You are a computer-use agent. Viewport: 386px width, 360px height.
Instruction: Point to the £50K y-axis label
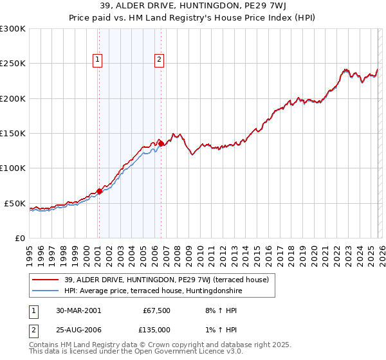[14, 203]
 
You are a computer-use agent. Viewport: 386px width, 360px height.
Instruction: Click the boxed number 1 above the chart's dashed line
[98, 60]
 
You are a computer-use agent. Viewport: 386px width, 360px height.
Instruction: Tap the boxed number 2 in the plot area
[159, 60]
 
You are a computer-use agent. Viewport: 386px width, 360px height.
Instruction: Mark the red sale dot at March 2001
[100, 191]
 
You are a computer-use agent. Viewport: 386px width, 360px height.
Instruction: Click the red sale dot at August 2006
[161, 143]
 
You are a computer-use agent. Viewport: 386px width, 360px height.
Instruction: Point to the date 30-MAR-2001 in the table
[78, 310]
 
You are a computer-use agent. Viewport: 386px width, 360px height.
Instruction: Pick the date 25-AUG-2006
[78, 329]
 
